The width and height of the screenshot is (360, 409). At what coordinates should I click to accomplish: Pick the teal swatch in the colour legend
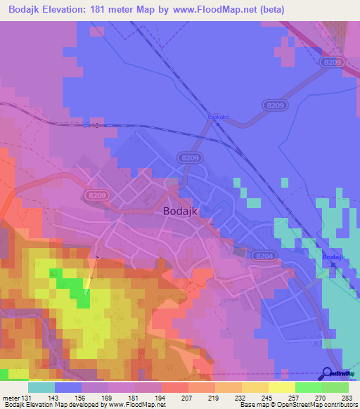41,388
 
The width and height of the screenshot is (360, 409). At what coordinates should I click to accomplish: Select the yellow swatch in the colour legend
281,388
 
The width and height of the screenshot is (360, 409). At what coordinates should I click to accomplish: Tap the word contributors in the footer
340,405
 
